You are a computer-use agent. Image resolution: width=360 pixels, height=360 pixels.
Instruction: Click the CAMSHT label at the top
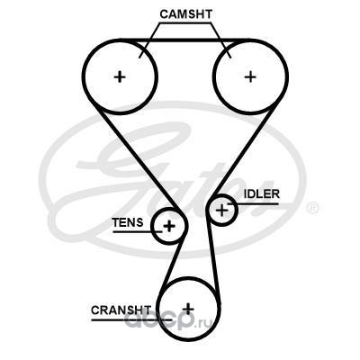click(186, 14)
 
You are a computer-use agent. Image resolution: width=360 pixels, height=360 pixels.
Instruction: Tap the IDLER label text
click(262, 194)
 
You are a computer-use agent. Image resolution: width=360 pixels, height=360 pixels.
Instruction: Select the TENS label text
click(128, 222)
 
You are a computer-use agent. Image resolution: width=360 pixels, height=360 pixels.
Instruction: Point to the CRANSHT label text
click(121, 310)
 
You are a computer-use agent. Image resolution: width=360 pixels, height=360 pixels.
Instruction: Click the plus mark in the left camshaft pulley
click(120, 77)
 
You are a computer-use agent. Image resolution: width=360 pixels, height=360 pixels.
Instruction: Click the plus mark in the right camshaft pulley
click(250, 77)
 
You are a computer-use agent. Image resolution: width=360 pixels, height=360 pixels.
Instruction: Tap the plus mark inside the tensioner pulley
click(169, 226)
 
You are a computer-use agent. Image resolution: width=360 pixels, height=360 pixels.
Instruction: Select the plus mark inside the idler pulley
click(222, 210)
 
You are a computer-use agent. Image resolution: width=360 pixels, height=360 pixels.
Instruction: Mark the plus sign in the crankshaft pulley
click(188, 308)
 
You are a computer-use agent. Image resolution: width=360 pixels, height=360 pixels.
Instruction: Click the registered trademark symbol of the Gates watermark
click(312, 208)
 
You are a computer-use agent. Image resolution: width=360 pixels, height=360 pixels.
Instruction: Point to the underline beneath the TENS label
click(138, 231)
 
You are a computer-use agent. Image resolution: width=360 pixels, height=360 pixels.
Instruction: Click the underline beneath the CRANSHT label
click(131, 319)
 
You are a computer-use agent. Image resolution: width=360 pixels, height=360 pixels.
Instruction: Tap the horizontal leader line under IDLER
click(253, 204)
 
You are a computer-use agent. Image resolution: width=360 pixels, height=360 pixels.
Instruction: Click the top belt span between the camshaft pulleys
click(185, 40)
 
